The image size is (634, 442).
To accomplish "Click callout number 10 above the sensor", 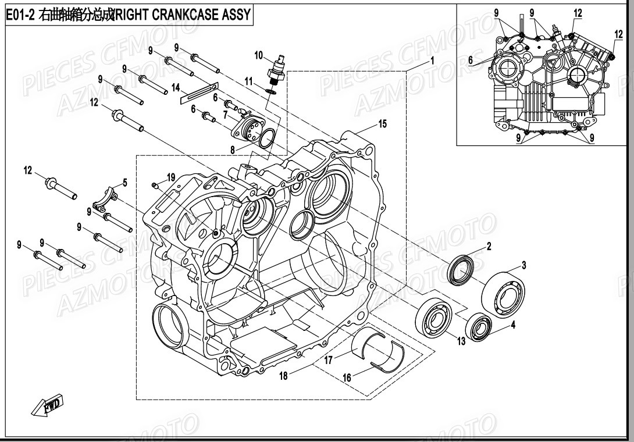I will coord(258,55).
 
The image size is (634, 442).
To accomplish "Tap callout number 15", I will coord(382,123).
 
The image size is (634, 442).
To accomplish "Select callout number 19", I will coord(171,177).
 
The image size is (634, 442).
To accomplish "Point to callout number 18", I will coord(283,376).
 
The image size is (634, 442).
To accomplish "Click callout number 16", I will coord(347,377).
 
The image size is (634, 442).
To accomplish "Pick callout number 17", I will coord(329,360).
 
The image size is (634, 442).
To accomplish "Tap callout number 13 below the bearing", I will coord(461,341).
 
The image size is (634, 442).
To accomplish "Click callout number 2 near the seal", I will coord(489,246).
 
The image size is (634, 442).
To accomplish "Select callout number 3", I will coord(523,266).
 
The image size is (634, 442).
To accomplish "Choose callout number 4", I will coord(513,326).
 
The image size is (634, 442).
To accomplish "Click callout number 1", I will coord(432,60).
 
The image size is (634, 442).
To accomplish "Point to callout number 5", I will coord(124,183).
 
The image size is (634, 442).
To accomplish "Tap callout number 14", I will coord(176,88).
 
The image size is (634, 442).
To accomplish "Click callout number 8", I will coord(232,149).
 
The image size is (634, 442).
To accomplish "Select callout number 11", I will coord(248,80).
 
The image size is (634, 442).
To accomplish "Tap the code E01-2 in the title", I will coord(20,15).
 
